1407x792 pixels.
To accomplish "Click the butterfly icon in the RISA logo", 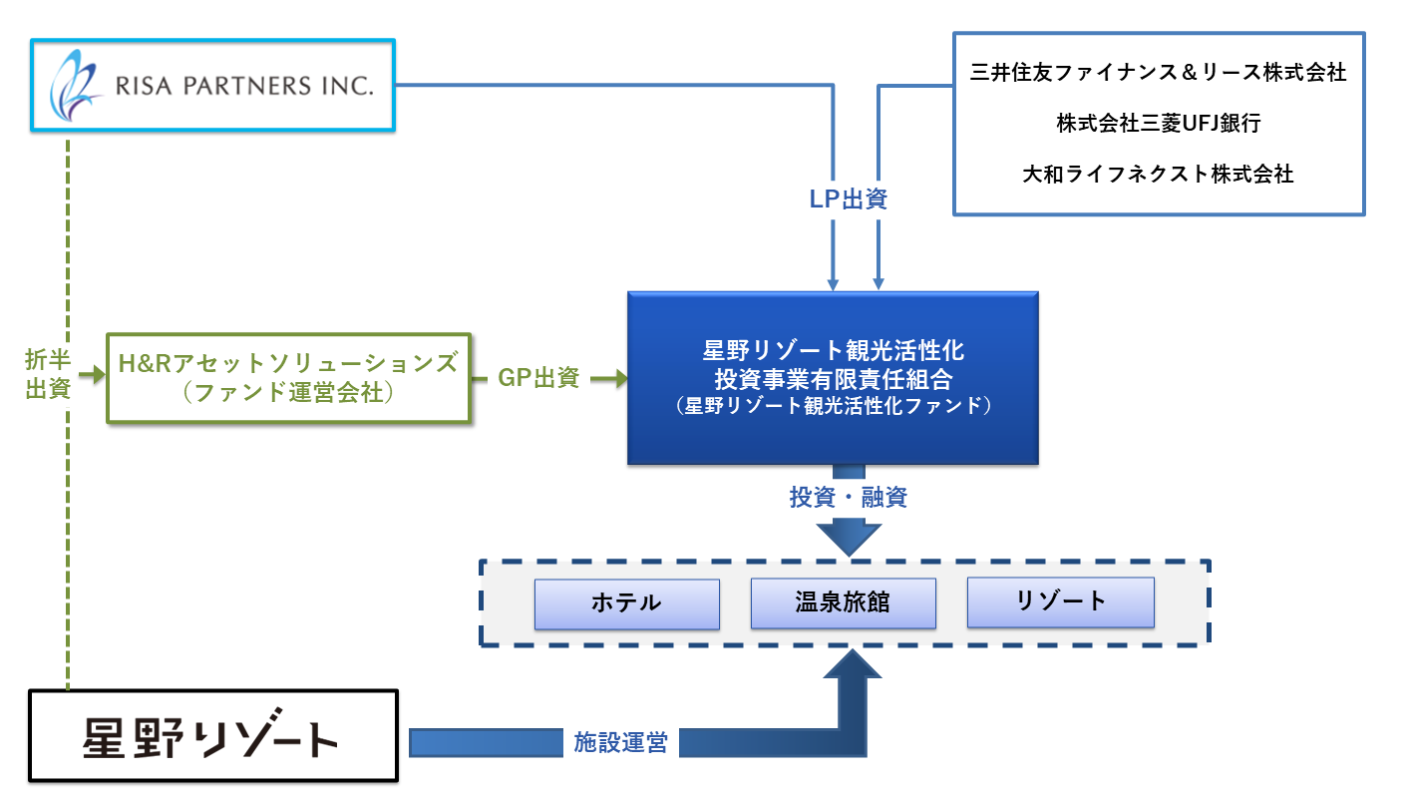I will [x=77, y=84].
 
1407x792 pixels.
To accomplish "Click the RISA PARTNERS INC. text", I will [x=243, y=85].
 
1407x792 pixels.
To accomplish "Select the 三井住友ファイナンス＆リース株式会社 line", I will [x=1158, y=73].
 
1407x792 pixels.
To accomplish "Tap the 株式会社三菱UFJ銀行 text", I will [x=1158, y=124].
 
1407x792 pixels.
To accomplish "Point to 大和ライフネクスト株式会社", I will [x=1158, y=174].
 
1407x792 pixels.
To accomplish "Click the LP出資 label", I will [x=848, y=199].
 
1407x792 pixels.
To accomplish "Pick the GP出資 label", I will [x=538, y=378].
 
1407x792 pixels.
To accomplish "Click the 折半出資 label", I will [x=46, y=374].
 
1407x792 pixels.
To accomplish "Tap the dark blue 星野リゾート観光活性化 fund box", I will [x=833, y=378].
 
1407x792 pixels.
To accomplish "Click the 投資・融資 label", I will [x=848, y=498].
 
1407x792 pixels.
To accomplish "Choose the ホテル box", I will [x=626, y=603].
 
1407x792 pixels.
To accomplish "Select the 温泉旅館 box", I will [x=843, y=603].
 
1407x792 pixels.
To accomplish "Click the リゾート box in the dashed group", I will [x=1060, y=601].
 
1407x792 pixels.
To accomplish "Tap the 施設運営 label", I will [x=619, y=742].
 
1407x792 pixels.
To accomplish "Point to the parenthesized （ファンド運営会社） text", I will [x=289, y=393].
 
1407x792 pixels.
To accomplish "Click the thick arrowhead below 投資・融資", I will [x=848, y=539].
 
